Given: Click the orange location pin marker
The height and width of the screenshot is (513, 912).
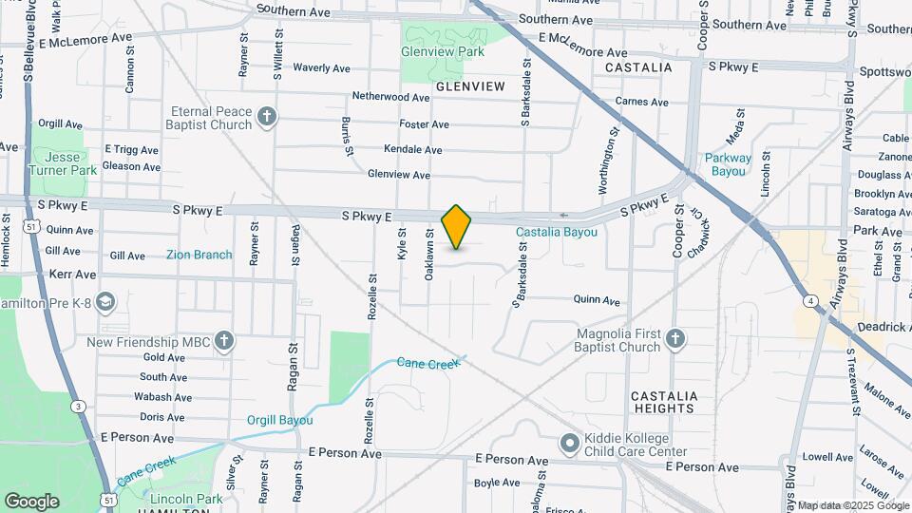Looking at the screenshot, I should click(457, 227).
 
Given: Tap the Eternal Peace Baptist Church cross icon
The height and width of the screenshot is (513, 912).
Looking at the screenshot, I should click(268, 118).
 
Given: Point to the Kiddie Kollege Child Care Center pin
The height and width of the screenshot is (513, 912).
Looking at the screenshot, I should click(569, 444).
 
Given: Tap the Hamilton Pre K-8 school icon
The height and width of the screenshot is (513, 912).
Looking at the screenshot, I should click(105, 301).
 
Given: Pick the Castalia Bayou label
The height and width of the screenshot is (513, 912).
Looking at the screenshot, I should click(557, 232).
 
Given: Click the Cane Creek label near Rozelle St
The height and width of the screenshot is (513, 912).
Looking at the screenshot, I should click(427, 363).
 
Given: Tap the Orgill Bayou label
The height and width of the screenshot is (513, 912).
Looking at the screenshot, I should click(279, 420).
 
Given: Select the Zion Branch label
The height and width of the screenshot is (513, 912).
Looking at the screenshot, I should click(199, 255).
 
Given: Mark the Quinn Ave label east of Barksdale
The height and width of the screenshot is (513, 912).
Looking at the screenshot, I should click(597, 299).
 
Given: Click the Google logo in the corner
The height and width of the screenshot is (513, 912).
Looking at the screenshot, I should click(31, 501).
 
